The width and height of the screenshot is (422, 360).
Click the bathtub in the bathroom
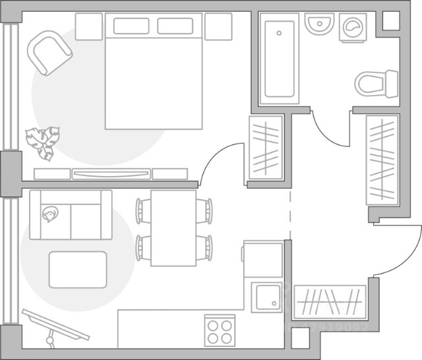(280, 59)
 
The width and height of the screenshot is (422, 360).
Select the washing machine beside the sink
(353, 28)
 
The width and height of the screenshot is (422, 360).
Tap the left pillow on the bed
(131, 26)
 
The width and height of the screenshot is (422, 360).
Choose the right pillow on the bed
(175, 26)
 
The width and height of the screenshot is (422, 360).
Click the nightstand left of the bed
(89, 26)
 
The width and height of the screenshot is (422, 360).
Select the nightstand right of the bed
(218, 26)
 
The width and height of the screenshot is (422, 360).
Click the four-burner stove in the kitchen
(220, 330)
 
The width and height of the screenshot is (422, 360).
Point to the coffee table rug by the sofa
(78, 269)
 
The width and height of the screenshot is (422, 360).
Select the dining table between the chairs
(173, 228)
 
